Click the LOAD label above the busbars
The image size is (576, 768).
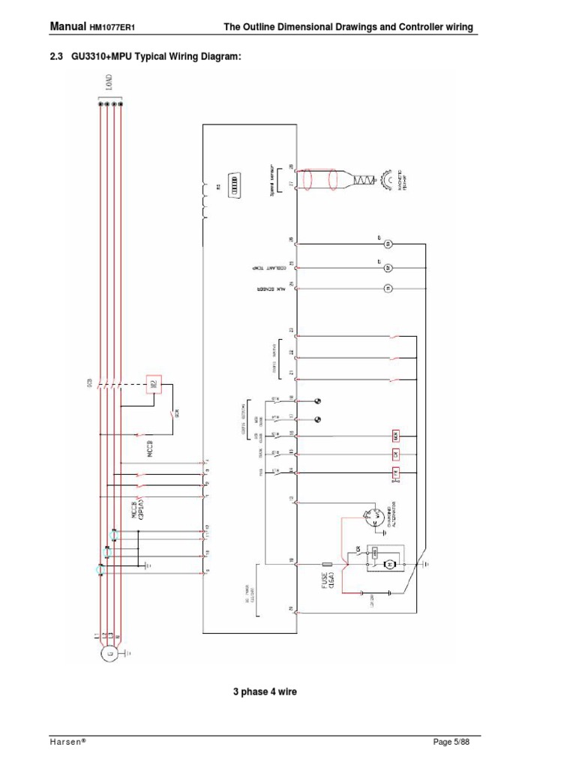(109, 82)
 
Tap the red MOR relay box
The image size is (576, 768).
(394, 435)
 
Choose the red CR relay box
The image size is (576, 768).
(394, 454)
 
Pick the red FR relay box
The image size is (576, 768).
(394, 472)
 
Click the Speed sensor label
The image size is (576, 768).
(273, 180)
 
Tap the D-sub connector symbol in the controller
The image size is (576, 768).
(232, 183)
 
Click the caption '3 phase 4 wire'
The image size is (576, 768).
(265, 691)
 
